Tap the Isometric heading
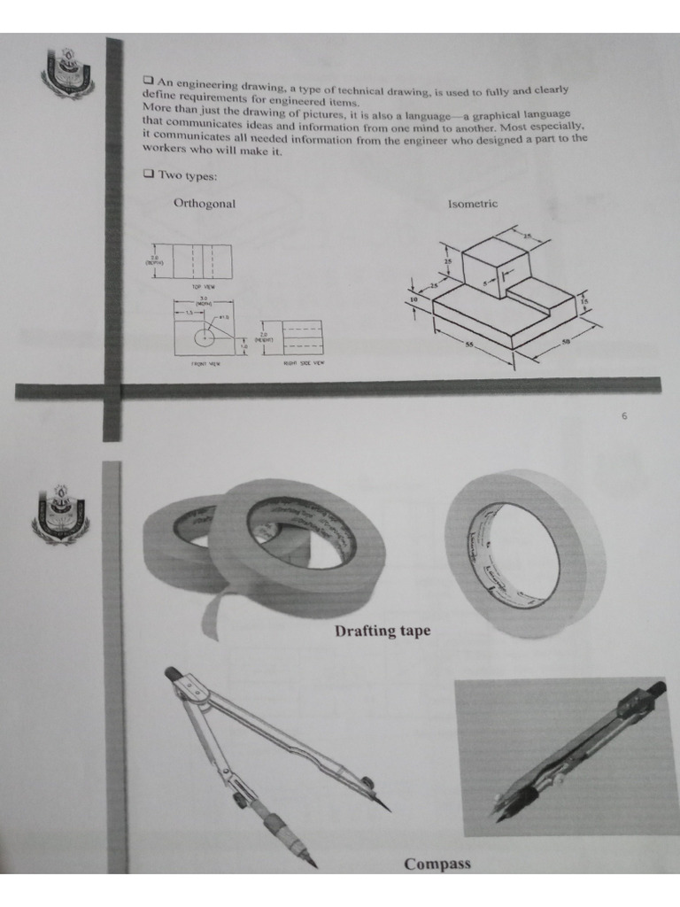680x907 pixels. click(472, 205)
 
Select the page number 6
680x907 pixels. click(623, 416)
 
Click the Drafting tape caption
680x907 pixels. click(382, 632)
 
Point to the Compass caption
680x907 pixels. click(437, 864)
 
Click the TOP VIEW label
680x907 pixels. click(203, 287)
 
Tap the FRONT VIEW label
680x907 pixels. click(206, 363)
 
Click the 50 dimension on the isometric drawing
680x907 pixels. click(564, 342)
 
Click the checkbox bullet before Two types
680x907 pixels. click(148, 174)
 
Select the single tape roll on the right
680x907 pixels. click(524, 553)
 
